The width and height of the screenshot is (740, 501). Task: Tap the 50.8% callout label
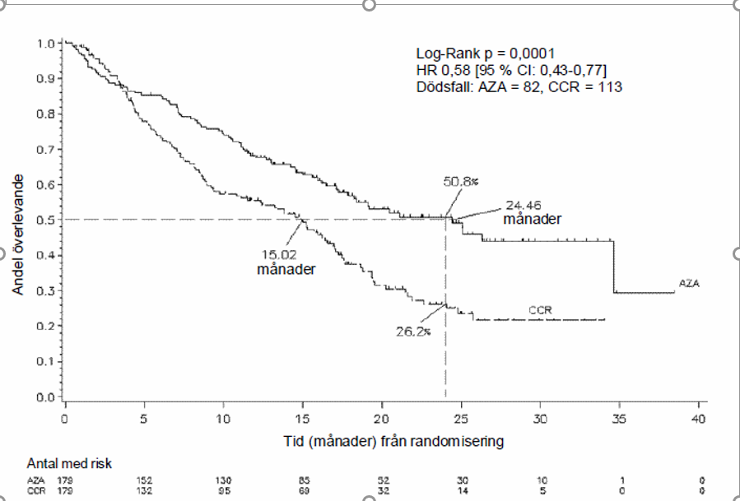point(459,183)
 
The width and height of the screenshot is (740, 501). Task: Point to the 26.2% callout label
point(412,332)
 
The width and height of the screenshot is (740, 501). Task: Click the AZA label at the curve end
point(690,283)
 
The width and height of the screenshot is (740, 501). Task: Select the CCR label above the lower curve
point(540,310)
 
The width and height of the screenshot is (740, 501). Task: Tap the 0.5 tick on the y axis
point(47,220)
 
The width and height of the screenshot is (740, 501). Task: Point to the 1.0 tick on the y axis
point(47,42)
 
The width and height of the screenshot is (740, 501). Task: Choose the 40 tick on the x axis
point(698,418)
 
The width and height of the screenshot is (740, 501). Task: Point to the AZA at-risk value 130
point(223,479)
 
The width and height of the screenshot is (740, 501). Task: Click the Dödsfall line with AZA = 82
point(519,86)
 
